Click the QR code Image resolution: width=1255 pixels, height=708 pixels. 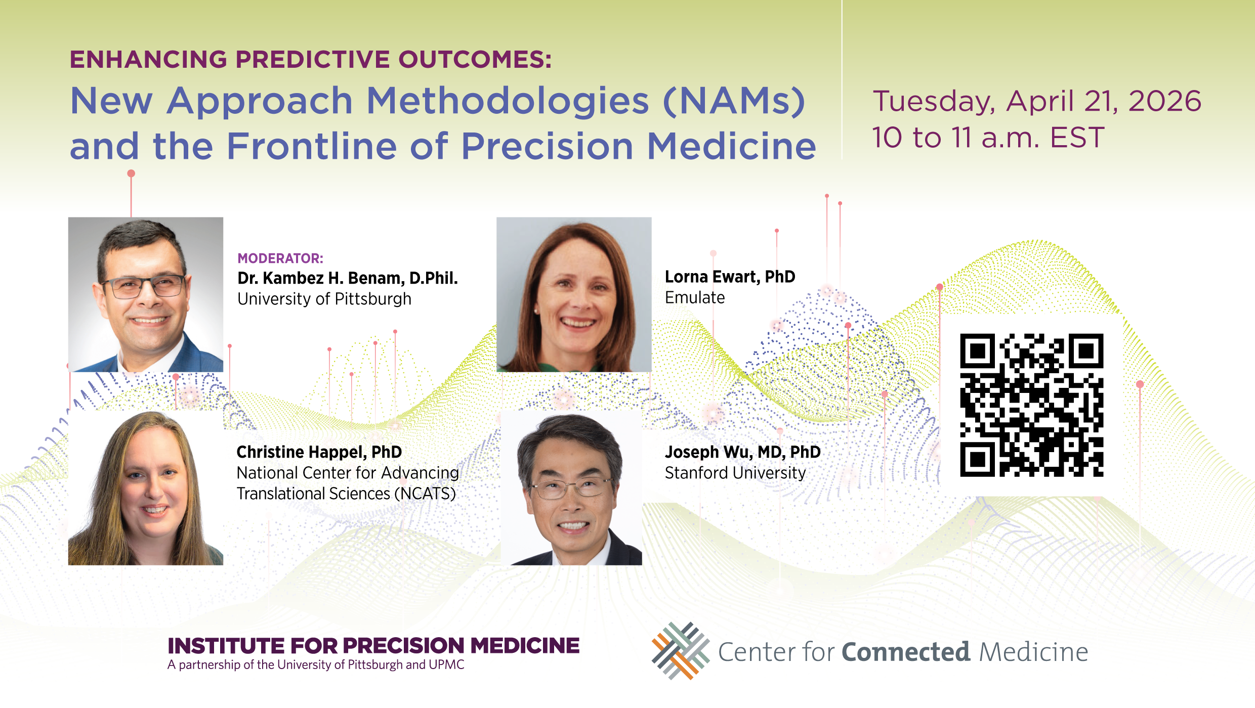[x=1031, y=405]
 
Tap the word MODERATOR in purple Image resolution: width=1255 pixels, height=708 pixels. [x=279, y=258]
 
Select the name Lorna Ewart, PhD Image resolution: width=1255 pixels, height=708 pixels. [x=730, y=277]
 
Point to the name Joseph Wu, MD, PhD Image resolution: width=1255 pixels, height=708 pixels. [x=742, y=452]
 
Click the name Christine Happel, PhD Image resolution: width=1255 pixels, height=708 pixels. [x=319, y=452]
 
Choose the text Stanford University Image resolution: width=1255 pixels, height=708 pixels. [x=735, y=473]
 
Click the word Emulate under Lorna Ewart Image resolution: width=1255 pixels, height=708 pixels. [x=695, y=297]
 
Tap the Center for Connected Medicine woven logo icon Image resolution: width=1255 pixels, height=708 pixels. [x=681, y=651]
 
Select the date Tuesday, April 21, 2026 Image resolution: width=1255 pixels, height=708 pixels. [x=1037, y=101]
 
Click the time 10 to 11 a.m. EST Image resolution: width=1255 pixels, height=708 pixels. [x=988, y=138]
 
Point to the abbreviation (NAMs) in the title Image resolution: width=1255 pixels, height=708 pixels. [x=734, y=101]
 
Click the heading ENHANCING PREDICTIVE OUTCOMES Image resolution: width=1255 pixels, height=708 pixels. [x=310, y=59]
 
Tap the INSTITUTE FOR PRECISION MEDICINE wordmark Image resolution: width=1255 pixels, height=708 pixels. [x=373, y=646]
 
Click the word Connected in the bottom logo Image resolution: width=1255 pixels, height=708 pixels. [x=906, y=652]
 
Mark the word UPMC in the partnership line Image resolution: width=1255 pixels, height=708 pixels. [x=446, y=665]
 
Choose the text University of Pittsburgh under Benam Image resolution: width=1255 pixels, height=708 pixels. [x=324, y=299]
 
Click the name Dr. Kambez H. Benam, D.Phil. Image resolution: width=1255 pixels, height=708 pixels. [x=348, y=278]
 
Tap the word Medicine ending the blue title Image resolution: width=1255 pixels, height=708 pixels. [x=731, y=146]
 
